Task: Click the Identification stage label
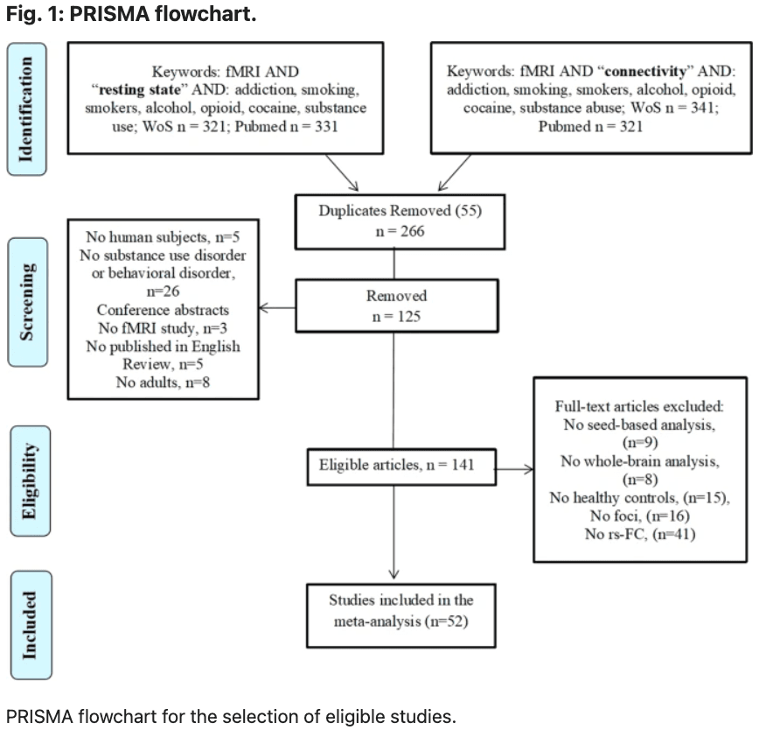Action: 27,109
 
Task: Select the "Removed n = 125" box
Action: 395,305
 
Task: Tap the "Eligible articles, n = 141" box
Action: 395,465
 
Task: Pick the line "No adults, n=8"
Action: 163,382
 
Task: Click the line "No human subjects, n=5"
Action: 164,237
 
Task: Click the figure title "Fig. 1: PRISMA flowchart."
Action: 131,16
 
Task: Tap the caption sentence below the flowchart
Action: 231,717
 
